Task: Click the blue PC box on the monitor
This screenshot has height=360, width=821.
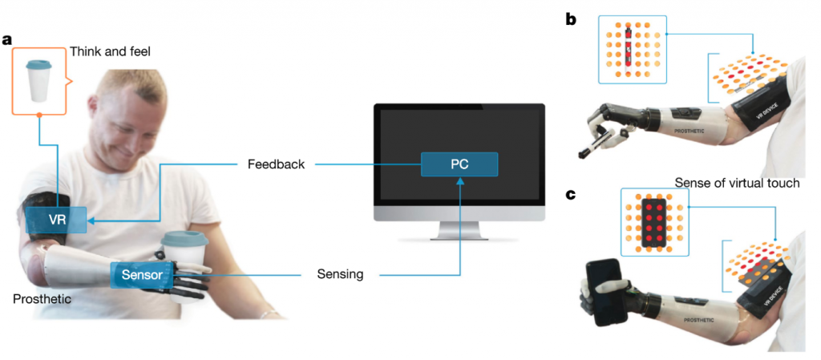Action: point(459,165)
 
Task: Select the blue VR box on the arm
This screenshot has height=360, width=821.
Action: point(55,220)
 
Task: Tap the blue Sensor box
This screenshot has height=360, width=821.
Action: point(141,275)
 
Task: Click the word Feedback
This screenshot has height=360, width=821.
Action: point(275,165)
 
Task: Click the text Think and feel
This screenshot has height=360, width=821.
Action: point(110,52)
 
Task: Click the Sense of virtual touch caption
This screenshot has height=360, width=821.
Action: point(737,183)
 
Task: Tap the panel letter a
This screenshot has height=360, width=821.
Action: point(7,39)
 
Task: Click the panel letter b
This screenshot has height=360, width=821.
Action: point(571,18)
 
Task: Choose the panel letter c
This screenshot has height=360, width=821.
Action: point(571,194)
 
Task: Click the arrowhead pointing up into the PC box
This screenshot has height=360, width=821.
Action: point(459,182)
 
